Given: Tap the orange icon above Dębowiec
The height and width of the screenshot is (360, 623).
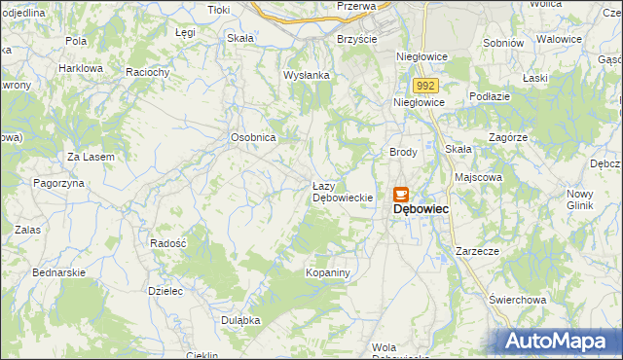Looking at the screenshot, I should click(401, 194).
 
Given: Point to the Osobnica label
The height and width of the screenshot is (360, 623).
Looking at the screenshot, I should click(254, 138).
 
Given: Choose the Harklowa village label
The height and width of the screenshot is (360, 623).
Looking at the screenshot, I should click(81, 69).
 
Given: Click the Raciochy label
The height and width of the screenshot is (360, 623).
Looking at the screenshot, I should click(149, 72).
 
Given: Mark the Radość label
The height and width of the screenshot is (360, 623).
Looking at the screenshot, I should click(168, 243).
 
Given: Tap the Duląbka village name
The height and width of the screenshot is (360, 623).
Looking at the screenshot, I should click(239, 320).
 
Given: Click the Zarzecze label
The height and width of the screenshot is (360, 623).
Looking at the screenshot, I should click(477, 251).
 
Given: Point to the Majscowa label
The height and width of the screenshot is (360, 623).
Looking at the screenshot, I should click(478, 178).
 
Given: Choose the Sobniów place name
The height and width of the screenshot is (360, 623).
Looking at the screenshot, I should click(503, 43).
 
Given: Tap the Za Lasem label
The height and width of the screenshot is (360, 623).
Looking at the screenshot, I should click(91, 157).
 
